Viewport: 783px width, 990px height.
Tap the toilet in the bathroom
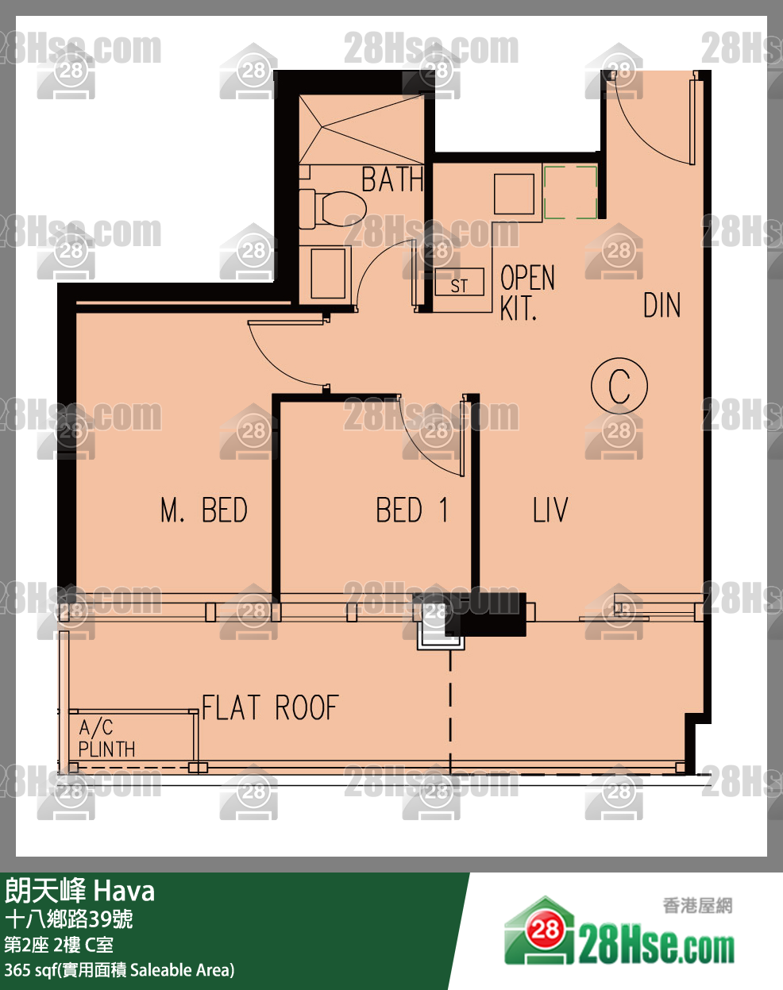click(x=333, y=210)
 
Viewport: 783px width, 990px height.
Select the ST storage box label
click(x=459, y=286)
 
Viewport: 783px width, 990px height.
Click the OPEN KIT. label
click(x=527, y=292)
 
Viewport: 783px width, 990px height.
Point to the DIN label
click(x=662, y=305)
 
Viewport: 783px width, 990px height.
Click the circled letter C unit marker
click(x=619, y=386)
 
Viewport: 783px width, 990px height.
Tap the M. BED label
click(x=204, y=510)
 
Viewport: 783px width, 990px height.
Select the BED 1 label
click(x=412, y=510)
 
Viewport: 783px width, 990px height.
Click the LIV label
click(x=550, y=510)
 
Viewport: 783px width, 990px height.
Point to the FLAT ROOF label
click(x=271, y=707)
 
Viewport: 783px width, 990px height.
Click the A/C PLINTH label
click(x=106, y=738)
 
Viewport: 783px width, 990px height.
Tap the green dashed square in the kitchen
click(x=571, y=192)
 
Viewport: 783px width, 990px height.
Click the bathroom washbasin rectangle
click(x=328, y=274)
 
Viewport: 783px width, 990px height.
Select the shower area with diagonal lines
click(x=361, y=129)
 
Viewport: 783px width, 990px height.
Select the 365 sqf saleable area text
click(x=119, y=970)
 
